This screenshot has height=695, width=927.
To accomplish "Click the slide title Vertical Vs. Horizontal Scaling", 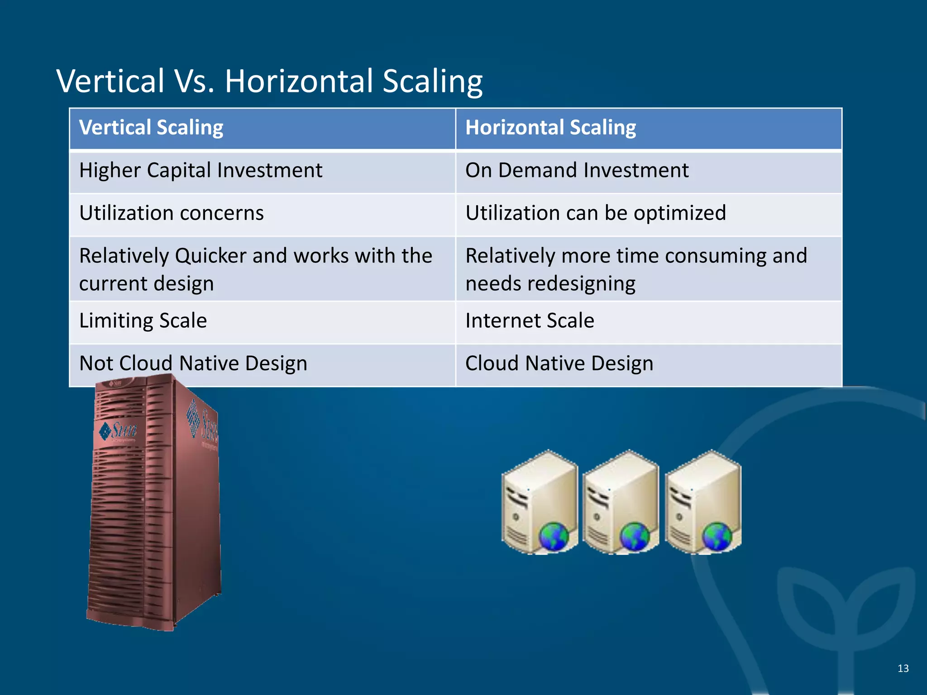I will (269, 81).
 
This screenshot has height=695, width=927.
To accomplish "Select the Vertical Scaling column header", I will (151, 128).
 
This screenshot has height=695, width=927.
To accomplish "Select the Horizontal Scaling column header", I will (550, 128).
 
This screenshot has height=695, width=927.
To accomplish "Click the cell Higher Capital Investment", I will (201, 171).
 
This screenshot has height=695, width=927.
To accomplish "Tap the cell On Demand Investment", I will (577, 171).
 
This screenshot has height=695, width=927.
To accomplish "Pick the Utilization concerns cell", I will (171, 213).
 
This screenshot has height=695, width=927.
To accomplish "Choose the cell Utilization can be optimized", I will (595, 213).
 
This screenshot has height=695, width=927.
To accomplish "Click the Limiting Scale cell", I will (143, 321).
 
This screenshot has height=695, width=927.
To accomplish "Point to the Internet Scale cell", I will (530, 321).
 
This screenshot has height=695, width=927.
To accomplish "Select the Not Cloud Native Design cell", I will (193, 363).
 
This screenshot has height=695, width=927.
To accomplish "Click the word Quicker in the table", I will (210, 256).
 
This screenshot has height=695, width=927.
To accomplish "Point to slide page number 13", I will (903, 668).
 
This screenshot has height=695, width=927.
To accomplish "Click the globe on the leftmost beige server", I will (554, 537).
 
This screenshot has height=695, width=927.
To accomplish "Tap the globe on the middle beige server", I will (635, 537).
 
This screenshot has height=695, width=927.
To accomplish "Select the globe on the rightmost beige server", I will (717, 537).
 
